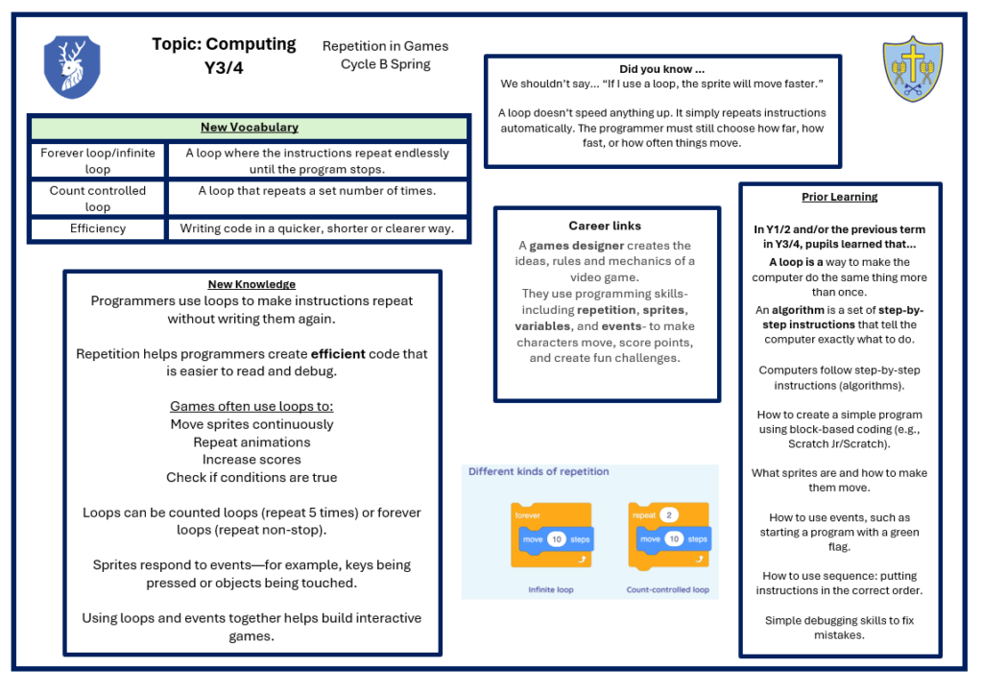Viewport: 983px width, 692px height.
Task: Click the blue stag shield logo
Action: (72, 68)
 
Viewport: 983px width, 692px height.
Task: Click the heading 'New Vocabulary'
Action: (249, 128)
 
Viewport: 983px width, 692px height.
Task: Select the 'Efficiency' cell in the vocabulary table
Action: (97, 229)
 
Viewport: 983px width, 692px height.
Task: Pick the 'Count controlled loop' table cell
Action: (97, 199)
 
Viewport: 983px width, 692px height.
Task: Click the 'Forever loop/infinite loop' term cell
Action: (97, 161)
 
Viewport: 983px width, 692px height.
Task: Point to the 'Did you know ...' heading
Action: (661, 69)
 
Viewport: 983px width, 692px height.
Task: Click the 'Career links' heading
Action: (605, 227)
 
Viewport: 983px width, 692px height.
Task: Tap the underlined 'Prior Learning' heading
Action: (839, 198)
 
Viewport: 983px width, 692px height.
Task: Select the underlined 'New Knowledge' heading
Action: (252, 284)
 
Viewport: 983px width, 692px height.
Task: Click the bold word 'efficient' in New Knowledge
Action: (337, 354)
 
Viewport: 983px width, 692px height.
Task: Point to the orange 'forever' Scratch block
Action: (528, 515)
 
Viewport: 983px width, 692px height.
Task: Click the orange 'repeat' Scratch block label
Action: (643, 515)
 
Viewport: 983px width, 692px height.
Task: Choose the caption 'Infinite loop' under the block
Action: (551, 589)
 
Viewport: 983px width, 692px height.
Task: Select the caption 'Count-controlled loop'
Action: (667, 589)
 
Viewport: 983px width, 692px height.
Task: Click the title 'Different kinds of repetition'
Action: (539, 472)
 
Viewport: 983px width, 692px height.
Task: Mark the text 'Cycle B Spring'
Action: (385, 65)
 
